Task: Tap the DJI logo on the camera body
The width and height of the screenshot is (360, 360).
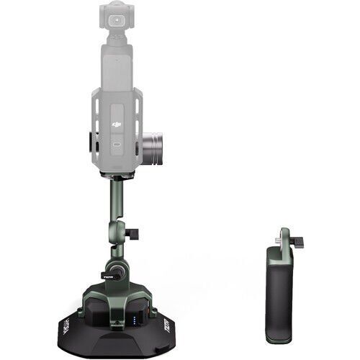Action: (117, 124)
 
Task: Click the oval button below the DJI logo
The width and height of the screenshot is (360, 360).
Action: (117, 143)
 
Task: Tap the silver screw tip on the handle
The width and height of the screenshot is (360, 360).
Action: (277, 235)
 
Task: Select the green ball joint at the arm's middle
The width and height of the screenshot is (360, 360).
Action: (118, 235)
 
